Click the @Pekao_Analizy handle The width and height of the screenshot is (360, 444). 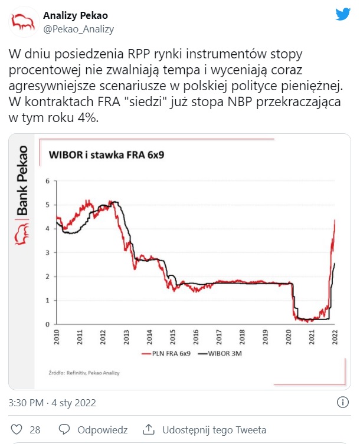point(78,28)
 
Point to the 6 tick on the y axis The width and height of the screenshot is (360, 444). point(47,181)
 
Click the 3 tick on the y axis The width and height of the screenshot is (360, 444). point(47,252)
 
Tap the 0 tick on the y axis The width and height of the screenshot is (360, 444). point(47,324)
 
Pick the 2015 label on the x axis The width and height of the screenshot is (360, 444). point(173,337)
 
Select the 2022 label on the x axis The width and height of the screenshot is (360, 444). point(335,337)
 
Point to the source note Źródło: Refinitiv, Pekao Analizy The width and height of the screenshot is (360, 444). point(81,373)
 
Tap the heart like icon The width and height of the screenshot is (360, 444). point(17,430)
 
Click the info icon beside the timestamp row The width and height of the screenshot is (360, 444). point(342,403)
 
